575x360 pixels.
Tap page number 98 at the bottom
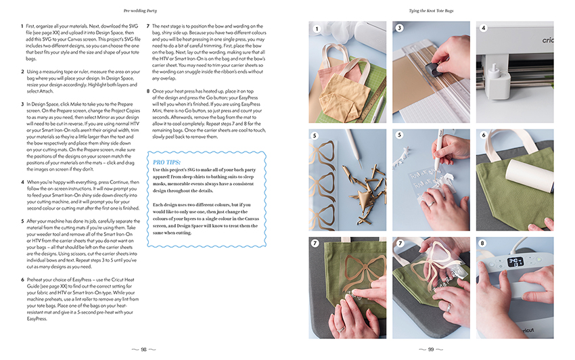click(144, 348)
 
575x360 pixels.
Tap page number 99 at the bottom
click(431, 348)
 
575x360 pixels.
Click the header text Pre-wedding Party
click(144, 11)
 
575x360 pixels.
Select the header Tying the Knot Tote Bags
click(431, 11)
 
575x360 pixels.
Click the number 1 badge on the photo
click(315, 28)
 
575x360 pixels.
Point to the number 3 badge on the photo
click(399, 28)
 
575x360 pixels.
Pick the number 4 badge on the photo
click(483, 28)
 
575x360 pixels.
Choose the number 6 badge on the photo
click(483, 135)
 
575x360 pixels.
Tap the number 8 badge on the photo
click(483, 243)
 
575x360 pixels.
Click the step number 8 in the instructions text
click(148, 90)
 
